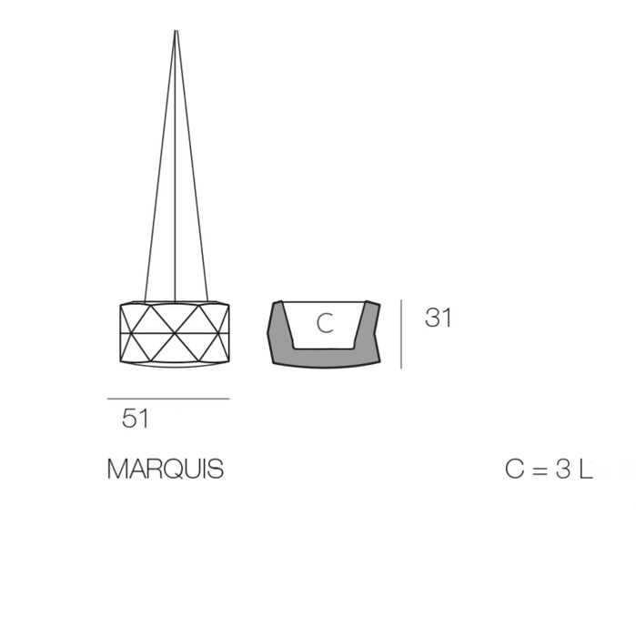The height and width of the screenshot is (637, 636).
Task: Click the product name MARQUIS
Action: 165,470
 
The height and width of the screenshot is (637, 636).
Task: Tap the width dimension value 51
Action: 136,419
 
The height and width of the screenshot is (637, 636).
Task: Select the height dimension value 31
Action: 438,318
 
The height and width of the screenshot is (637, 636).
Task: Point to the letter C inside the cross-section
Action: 325,323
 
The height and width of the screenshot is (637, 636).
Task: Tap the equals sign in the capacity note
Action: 539,470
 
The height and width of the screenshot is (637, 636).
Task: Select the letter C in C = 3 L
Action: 515,470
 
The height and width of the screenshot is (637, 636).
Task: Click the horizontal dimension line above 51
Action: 167,399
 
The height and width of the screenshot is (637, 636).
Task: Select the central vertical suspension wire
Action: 175,182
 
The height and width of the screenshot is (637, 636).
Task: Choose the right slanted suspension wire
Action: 192,182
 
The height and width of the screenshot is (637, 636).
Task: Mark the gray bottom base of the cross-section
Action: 324,356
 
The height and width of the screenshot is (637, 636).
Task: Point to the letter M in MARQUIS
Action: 117,470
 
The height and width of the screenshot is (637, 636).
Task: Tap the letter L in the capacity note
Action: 584,470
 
